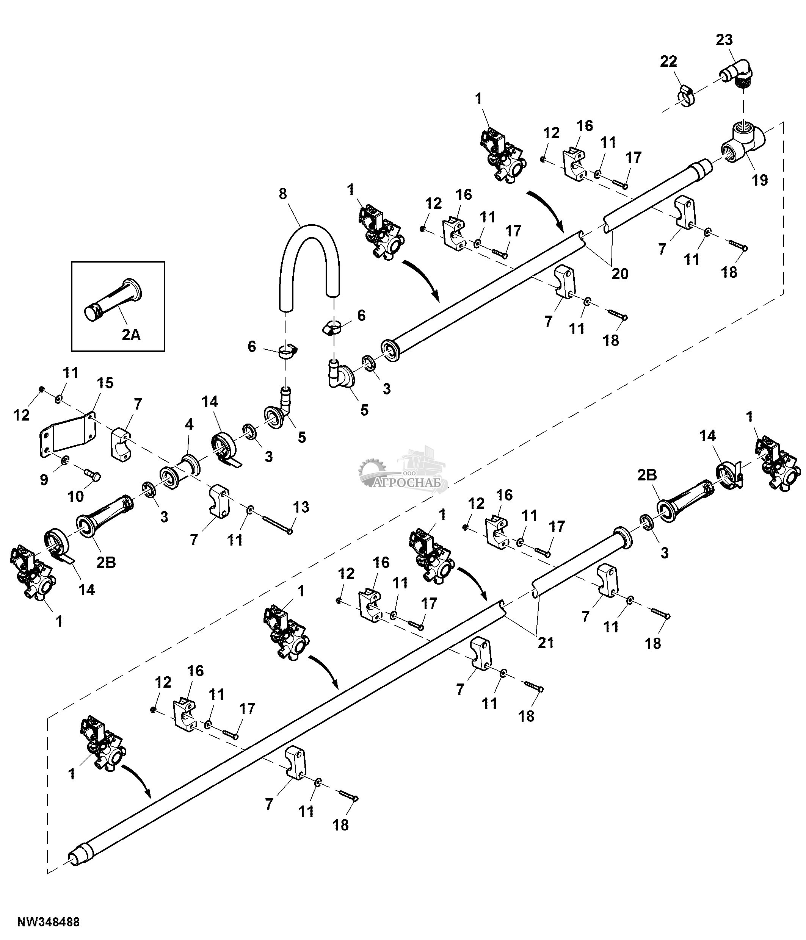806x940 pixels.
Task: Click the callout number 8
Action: click(282, 194)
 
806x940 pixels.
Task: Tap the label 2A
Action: click(131, 335)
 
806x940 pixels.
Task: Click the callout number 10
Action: click(76, 497)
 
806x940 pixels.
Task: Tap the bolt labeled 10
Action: click(93, 475)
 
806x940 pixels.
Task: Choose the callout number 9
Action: click(44, 480)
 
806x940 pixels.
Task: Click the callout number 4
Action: click(189, 425)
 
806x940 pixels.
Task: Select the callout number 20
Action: click(620, 274)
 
